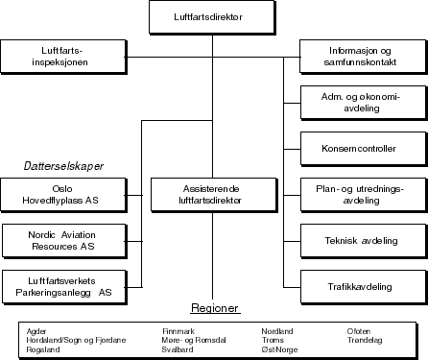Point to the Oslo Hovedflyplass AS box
63,195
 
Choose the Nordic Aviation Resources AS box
63,240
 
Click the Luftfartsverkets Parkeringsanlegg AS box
63,285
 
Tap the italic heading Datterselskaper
63,166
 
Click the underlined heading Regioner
214,309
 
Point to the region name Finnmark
179,331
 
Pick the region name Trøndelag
365,341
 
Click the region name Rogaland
44,349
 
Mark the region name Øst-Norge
279,349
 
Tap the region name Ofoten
358,331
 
